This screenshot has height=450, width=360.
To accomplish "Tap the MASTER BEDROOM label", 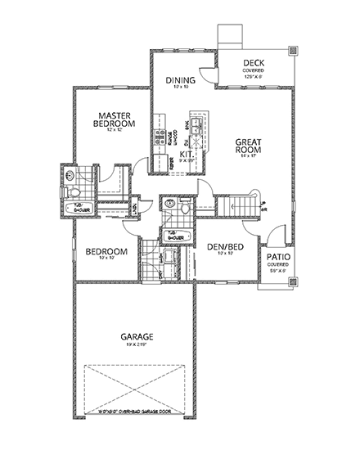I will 115,119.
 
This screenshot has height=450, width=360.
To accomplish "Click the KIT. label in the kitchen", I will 186,154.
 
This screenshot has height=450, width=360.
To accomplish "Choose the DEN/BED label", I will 221,246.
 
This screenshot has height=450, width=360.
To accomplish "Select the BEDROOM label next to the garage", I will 106,251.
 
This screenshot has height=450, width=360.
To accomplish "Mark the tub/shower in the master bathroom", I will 83,207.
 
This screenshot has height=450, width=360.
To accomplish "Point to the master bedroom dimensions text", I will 115,131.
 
